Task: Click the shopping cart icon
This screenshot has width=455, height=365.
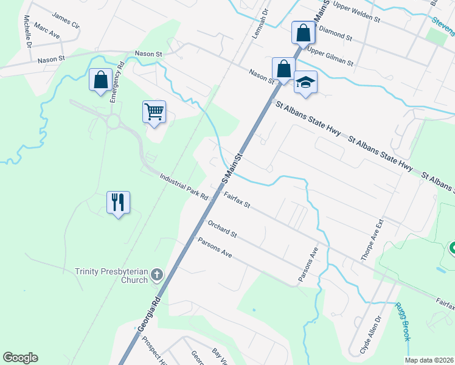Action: (155, 112)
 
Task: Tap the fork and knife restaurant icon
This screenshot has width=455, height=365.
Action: (119, 202)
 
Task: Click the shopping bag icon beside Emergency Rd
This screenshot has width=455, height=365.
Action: (100, 80)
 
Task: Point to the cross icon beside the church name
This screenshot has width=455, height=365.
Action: (156, 275)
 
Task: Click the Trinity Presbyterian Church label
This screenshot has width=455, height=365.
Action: (111, 276)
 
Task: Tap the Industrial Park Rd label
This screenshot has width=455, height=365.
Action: (184, 187)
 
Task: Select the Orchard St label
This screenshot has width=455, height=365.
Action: (222, 229)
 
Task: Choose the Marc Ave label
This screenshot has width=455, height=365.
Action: (47, 31)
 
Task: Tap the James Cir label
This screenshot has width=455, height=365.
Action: (66, 21)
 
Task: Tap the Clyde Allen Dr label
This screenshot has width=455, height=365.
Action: (365, 335)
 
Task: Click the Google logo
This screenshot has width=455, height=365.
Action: (20, 358)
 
